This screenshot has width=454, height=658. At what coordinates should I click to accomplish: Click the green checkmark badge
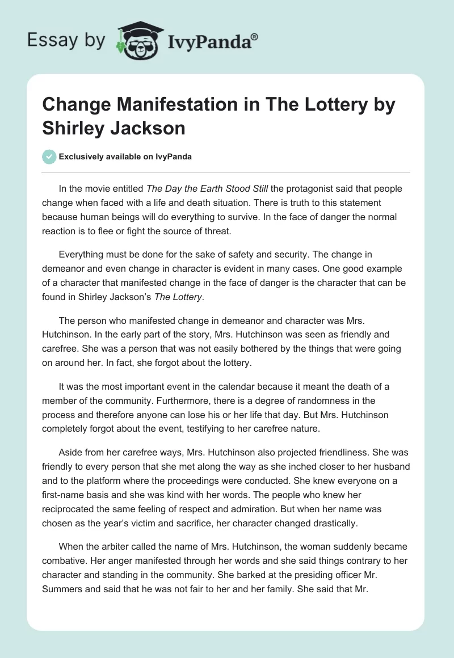click(x=49, y=157)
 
